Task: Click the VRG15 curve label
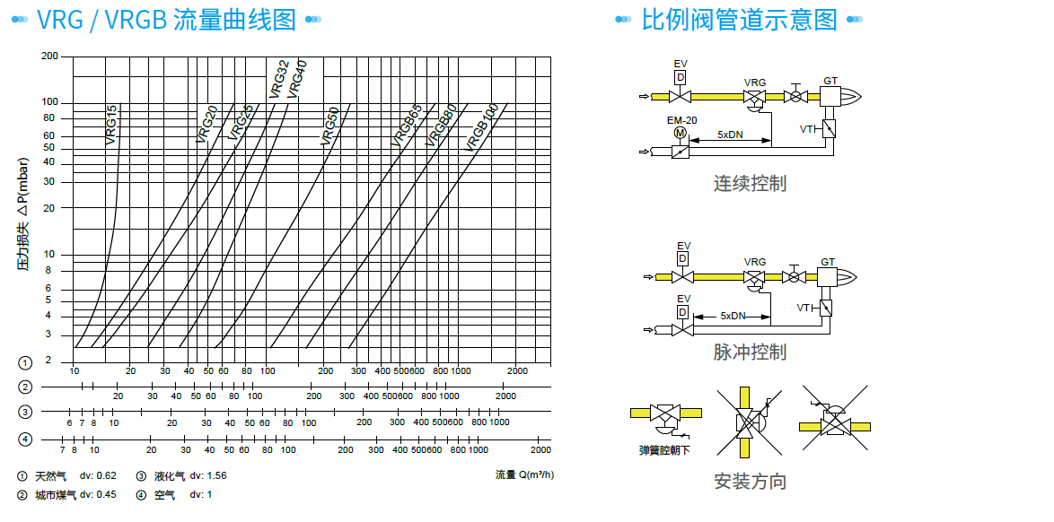click(x=111, y=125)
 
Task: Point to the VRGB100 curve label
click(x=482, y=127)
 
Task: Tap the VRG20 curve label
click(x=206, y=125)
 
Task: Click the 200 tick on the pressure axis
click(x=50, y=57)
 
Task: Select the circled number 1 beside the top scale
click(x=26, y=362)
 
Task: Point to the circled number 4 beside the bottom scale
click(x=26, y=439)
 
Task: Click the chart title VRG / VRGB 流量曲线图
click(x=166, y=19)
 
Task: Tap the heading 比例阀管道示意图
click(x=738, y=19)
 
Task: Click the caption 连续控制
click(x=750, y=183)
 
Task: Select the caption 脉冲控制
click(x=750, y=352)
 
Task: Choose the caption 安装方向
click(x=750, y=482)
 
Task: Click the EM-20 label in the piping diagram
click(x=681, y=120)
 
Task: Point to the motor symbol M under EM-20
click(x=681, y=133)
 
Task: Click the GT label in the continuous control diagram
click(x=830, y=82)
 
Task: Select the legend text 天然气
click(x=50, y=476)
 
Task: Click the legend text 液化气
click(x=171, y=476)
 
